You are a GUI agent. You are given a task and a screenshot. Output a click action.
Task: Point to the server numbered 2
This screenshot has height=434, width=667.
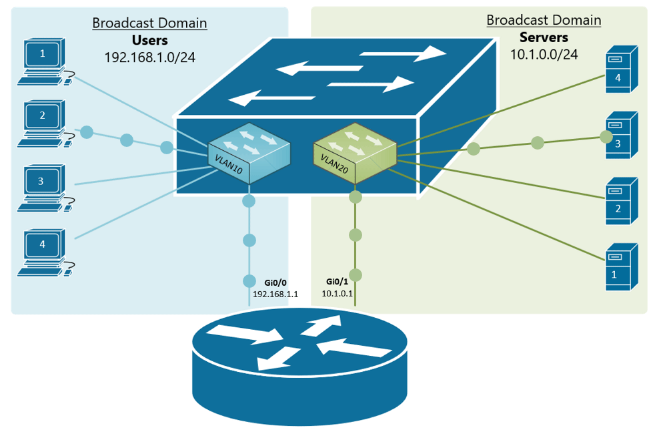click(621, 200)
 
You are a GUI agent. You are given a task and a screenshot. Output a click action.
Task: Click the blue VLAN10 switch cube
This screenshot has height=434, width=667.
click(249, 153)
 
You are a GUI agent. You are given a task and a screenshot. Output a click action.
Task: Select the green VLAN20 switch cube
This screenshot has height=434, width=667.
click(355, 153)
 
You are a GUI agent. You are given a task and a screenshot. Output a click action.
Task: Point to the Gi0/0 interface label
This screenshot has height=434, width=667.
click(274, 282)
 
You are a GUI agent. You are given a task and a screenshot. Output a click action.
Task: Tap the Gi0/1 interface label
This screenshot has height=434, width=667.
click(337, 282)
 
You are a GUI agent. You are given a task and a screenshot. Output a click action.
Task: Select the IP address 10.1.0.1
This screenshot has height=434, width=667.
click(337, 293)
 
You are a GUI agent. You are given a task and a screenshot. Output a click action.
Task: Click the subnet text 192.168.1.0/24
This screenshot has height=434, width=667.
click(149, 57)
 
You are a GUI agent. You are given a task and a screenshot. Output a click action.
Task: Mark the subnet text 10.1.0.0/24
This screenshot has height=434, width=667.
click(544, 55)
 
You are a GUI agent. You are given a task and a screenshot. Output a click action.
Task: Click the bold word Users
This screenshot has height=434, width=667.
click(149, 40)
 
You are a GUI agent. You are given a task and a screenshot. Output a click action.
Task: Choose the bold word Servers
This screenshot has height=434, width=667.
click(544, 37)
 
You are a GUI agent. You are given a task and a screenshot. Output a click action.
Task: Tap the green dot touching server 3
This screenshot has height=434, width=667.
click(606, 137)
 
